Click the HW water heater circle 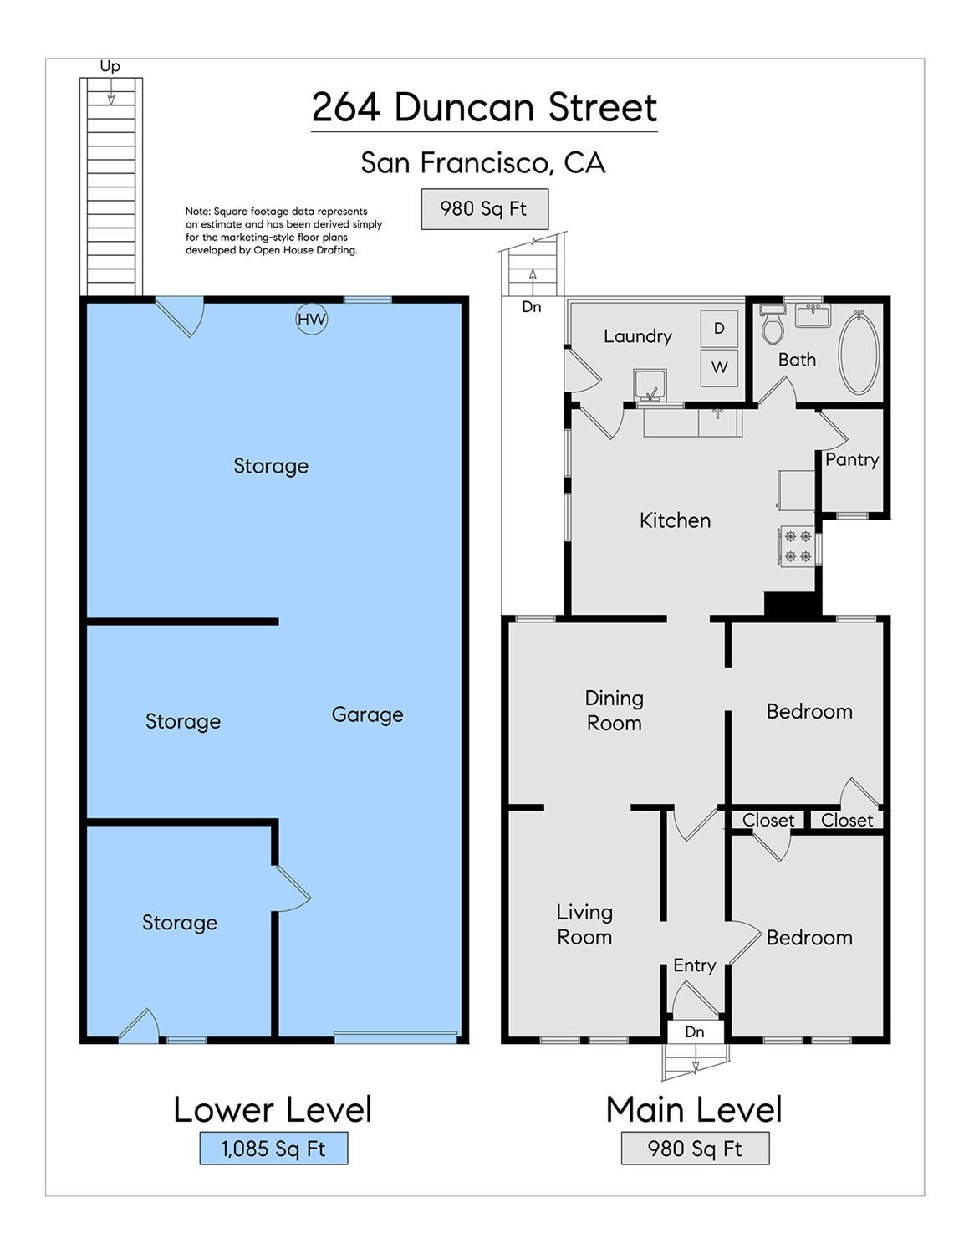[x=312, y=319]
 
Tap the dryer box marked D [x=719, y=328]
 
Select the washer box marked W [x=719, y=367]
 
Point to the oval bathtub [x=859, y=351]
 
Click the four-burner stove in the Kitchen [x=798, y=545]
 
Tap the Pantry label [x=851, y=460]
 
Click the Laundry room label [x=637, y=336]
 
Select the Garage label [x=367, y=714]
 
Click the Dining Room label [x=615, y=710]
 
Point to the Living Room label [x=584, y=924]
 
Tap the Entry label [x=695, y=965]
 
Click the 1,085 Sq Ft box [x=273, y=1160]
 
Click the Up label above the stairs [x=110, y=67]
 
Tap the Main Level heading [x=695, y=1108]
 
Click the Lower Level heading [x=273, y=1108]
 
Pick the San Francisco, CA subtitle [x=483, y=163]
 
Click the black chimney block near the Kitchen [x=793, y=604]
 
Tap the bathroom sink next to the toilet [x=813, y=315]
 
